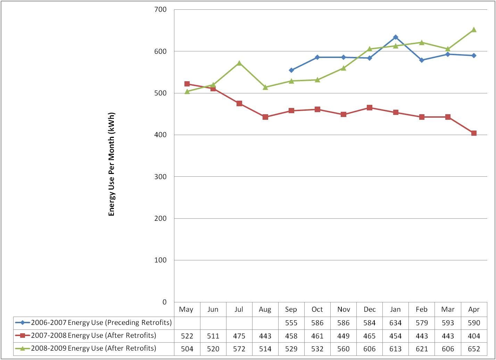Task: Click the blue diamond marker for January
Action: point(396,37)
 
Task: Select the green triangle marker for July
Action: point(239,63)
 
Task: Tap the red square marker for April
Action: point(474,133)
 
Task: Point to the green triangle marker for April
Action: point(474,30)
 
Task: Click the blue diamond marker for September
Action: point(291,70)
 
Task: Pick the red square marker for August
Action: point(265,117)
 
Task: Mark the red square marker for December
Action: point(370,108)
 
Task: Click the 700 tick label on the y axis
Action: point(160,10)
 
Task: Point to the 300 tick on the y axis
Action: point(160,177)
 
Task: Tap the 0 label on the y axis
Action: point(165,302)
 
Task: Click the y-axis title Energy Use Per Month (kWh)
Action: point(111,164)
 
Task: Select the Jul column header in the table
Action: point(239,309)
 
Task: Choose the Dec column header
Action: point(370,309)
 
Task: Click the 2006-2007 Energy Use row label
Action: point(101,323)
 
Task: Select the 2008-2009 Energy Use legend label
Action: point(93,348)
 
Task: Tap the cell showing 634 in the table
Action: point(396,323)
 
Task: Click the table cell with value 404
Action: point(474,336)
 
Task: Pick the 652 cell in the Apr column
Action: point(474,349)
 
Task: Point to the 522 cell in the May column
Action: point(187,336)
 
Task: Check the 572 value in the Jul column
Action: point(239,349)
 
